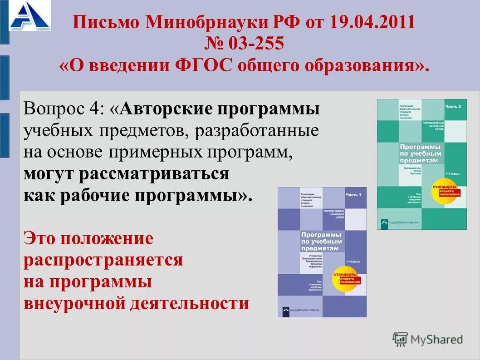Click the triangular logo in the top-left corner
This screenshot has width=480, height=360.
click(x=30, y=16)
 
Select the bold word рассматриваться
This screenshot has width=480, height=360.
click(x=154, y=174)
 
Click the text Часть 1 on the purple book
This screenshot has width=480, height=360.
click(x=354, y=195)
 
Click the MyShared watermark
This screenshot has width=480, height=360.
click(x=428, y=339)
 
